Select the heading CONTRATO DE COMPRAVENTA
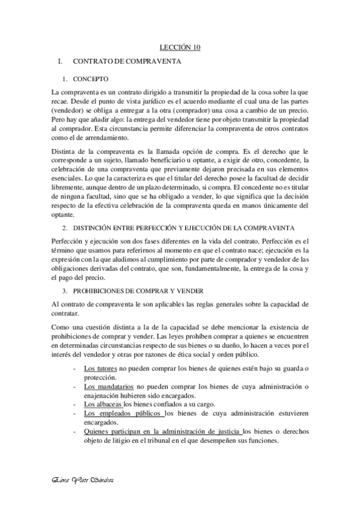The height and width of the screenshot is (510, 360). pyautogui.click(x=126, y=62)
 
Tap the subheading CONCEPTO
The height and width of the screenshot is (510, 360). pyautogui.click(x=91, y=79)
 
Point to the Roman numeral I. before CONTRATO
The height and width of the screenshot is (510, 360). pyautogui.click(x=59, y=62)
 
